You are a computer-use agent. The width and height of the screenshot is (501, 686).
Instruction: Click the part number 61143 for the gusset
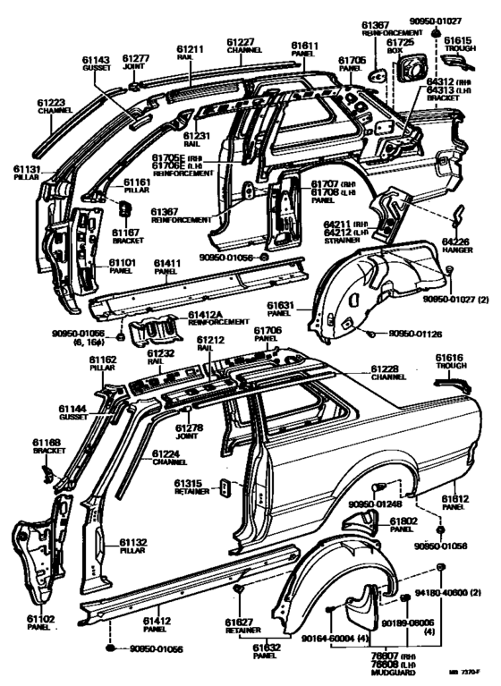(96, 60)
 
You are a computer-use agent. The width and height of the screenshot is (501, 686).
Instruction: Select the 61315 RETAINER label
(189, 488)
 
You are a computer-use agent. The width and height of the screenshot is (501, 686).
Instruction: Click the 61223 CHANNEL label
(55, 107)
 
